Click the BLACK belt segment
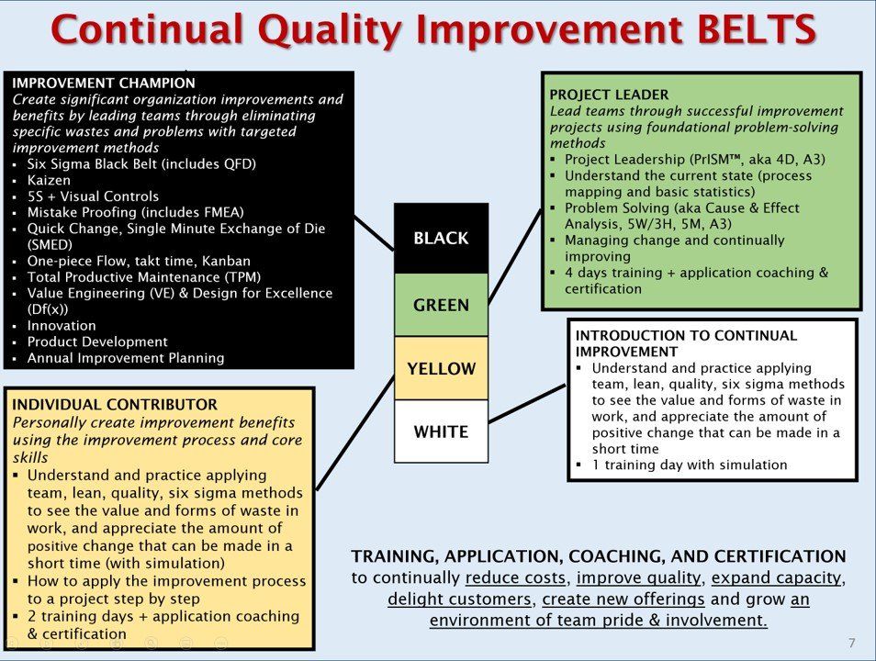442,239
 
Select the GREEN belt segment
442,305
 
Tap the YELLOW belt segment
442,368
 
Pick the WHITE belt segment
442,431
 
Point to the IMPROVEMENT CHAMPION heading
104,84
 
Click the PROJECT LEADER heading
609,95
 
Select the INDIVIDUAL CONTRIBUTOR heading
115,405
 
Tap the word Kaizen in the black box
50,180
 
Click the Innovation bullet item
62,326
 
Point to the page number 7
851,644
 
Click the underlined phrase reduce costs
515,577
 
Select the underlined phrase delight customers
459,599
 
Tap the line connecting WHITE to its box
527,403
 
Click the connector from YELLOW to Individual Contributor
355,433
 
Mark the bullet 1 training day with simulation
690,465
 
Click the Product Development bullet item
97,342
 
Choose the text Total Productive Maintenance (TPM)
144,277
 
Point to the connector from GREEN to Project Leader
515,257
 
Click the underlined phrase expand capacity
776,577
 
